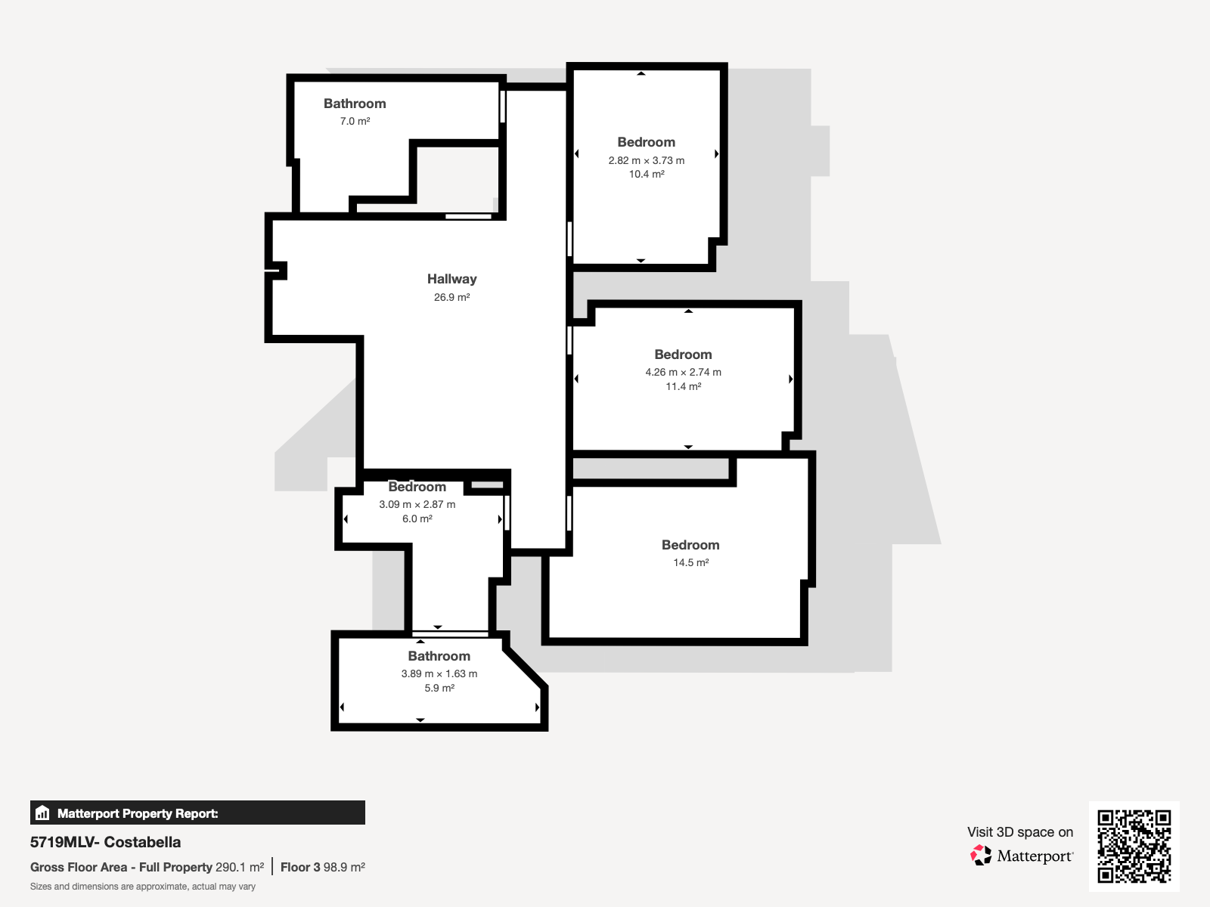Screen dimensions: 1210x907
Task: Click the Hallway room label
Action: pos(451,279)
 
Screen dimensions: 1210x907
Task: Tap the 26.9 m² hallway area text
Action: pos(451,297)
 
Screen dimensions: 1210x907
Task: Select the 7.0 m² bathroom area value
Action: pos(355,121)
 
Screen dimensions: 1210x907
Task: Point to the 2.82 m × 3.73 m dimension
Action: pos(646,160)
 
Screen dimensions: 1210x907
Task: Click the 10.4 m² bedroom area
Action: pos(646,174)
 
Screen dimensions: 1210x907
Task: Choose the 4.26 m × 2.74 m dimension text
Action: pos(683,373)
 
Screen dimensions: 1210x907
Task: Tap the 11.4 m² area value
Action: pos(683,386)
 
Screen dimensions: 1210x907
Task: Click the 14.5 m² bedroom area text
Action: pos(690,563)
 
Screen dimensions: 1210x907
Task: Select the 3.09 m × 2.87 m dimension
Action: pos(417,504)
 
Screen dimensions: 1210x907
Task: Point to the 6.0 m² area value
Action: pos(417,519)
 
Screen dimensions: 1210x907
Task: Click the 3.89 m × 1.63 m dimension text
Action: pos(439,674)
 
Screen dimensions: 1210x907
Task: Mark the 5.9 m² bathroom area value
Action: pos(439,688)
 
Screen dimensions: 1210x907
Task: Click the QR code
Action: pos(1134,846)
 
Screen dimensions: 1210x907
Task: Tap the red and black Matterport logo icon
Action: pos(980,856)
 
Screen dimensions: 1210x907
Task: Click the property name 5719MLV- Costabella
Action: pos(105,842)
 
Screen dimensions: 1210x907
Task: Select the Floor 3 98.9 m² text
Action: pos(322,868)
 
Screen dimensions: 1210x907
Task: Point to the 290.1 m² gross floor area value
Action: pos(239,868)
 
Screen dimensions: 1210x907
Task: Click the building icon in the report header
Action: pos(42,813)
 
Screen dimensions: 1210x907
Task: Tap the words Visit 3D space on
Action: pos(1020,832)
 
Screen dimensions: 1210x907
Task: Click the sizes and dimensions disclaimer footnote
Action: pos(143,887)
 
